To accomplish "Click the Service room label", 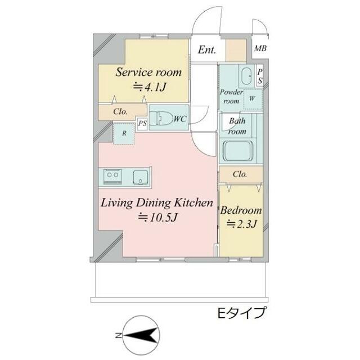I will pos(148,72).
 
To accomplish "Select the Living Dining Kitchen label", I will pos(156,202).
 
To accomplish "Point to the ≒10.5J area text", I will pos(157,218).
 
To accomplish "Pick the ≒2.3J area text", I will pos(241,224).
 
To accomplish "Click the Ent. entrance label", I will pos(206,49).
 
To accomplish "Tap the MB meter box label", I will pos(259,49).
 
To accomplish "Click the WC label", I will pos(180,119).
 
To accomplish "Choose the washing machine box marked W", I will pos(253,98).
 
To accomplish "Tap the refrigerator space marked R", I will pos(124,134).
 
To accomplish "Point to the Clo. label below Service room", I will pos(120,111).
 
